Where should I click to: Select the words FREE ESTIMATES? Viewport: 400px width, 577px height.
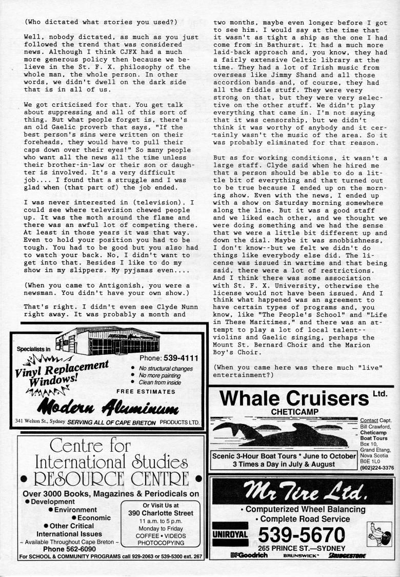[146, 392]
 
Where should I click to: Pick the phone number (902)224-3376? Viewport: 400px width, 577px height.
[377, 467]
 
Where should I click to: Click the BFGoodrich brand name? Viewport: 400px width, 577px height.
[249, 555]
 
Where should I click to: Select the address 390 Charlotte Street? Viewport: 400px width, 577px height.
[161, 513]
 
